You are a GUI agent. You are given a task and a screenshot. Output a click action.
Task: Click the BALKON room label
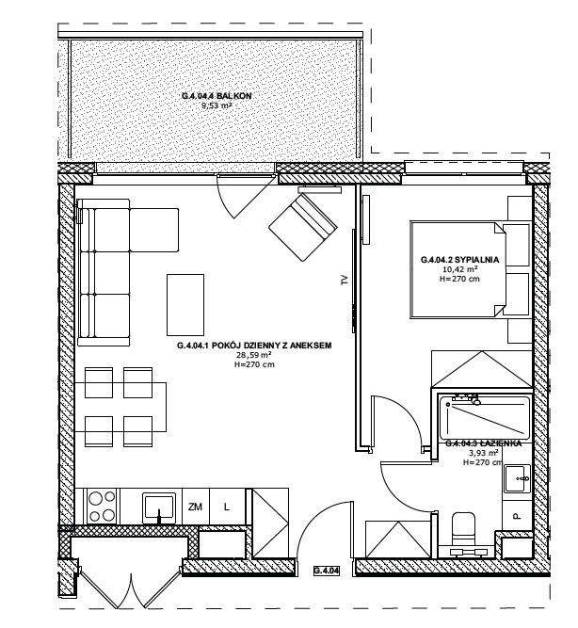pyautogui.click(x=217, y=96)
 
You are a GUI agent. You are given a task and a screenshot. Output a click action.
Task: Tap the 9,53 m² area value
pyautogui.click(x=217, y=106)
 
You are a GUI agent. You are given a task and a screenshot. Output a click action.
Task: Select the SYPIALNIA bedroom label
pyautogui.click(x=459, y=260)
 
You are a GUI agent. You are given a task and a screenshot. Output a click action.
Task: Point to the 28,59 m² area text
pyautogui.click(x=254, y=355)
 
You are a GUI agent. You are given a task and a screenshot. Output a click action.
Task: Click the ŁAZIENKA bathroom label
pyautogui.click(x=484, y=443)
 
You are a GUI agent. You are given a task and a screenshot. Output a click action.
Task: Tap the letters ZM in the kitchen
pyautogui.click(x=195, y=507)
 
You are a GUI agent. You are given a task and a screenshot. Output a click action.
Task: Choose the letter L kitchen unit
pyautogui.click(x=227, y=507)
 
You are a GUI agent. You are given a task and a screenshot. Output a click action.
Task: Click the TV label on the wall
pyautogui.click(x=345, y=281)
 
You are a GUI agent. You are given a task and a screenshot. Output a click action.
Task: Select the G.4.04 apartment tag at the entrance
pyautogui.click(x=327, y=571)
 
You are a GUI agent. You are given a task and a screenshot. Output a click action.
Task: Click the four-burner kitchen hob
pyautogui.click(x=102, y=507)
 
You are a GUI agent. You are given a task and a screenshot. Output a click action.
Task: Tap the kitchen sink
pyautogui.click(x=159, y=507)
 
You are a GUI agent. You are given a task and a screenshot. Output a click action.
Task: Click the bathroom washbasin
pyautogui.click(x=517, y=478)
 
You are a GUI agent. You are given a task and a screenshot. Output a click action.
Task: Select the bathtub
pyautogui.click(x=485, y=418)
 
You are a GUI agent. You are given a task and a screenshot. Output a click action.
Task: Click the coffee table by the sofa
pyautogui.click(x=185, y=305)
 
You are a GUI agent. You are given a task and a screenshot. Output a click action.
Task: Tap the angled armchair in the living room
pyautogui.click(x=303, y=227)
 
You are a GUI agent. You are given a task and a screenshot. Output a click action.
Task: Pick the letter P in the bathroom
pyautogui.click(x=517, y=516)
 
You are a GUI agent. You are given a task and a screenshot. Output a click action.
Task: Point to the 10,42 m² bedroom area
pyautogui.click(x=459, y=269)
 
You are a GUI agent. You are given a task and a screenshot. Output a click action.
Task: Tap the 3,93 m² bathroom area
pyautogui.click(x=484, y=453)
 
